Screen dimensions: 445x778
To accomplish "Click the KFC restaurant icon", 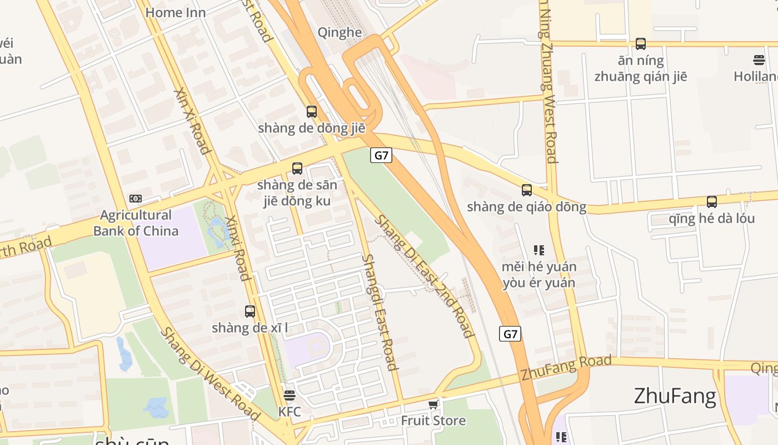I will tap(289, 396).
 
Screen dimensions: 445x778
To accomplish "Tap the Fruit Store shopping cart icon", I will tap(433, 405).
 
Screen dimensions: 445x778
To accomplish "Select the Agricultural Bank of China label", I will tap(136, 223).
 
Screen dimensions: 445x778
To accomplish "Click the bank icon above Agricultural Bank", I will tap(135, 199).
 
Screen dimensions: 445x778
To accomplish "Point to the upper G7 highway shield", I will tap(381, 156).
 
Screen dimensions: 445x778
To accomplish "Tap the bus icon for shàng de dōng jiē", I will tap(312, 112).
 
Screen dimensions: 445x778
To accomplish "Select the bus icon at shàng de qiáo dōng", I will tap(526, 190).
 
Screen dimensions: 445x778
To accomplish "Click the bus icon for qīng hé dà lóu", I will tap(711, 202).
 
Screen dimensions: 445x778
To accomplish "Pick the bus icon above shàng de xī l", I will tap(250, 311).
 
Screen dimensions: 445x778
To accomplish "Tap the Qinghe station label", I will tap(340, 32).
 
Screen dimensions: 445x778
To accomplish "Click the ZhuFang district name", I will tap(675, 397).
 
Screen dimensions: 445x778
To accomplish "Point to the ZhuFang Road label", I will tap(566, 368).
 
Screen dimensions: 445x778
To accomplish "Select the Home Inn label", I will tap(175, 12).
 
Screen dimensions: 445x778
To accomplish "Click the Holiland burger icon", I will tap(759, 60).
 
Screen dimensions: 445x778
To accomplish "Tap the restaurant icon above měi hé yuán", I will tap(538, 250).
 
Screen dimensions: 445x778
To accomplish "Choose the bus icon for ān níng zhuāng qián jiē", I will tap(640, 44).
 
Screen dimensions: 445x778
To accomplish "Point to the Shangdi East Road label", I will tap(380, 312).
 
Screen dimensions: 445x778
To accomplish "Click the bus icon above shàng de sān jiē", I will tap(297, 168).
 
